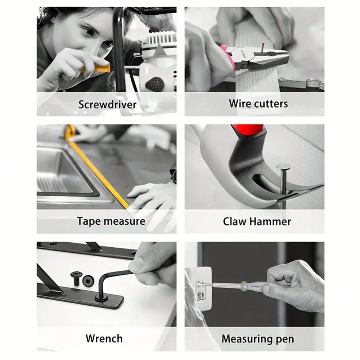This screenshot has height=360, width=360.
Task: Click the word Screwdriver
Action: (107, 104)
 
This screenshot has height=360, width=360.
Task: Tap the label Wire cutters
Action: (258, 104)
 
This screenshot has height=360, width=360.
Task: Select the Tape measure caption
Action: (111, 221)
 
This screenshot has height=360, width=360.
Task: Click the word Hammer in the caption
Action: (270, 221)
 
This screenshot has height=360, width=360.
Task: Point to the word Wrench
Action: (104, 339)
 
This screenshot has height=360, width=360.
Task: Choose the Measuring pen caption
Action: (258, 339)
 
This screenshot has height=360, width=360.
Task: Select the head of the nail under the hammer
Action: (283, 167)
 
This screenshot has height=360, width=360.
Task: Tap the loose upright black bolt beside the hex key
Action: (75, 278)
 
